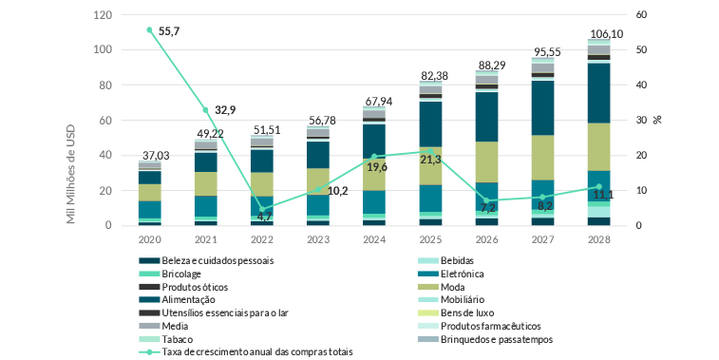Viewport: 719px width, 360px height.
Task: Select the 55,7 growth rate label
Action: (x=170, y=31)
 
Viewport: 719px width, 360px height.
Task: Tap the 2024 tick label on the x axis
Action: (x=374, y=239)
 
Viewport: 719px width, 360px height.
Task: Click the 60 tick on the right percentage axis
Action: (x=642, y=15)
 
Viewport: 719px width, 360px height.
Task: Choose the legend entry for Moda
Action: (x=466, y=286)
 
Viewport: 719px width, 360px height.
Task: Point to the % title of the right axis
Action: (x=656, y=121)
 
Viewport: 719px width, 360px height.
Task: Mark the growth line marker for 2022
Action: (x=261, y=209)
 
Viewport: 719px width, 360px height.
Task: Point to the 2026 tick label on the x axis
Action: (x=486, y=239)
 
